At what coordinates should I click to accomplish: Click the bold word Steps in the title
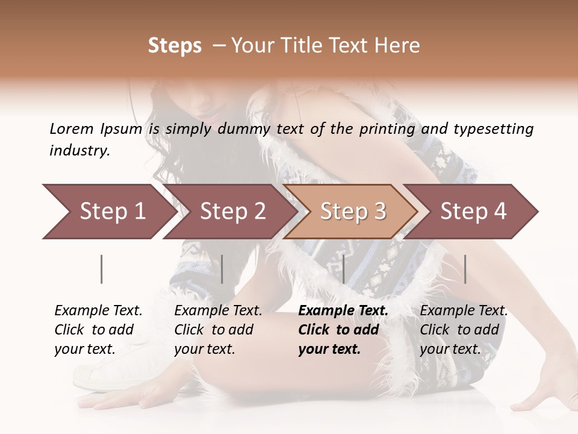coord(175,46)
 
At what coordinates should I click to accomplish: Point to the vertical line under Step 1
coord(102,269)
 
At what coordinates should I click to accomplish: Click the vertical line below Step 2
coord(222,269)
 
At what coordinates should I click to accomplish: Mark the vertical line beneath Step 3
coord(343,269)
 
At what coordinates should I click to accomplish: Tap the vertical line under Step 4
coord(465,269)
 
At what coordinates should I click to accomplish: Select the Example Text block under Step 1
coord(98,330)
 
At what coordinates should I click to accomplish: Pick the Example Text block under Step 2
coord(218,330)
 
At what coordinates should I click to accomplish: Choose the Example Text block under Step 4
coord(464,330)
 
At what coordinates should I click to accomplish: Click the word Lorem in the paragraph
coord(71,129)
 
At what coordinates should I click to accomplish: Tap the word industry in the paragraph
coord(79,151)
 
